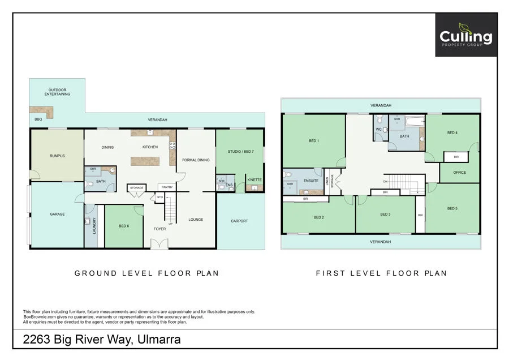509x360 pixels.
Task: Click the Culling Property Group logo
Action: (466, 35)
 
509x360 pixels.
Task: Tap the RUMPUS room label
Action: (57, 156)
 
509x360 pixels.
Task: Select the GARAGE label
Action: (57, 214)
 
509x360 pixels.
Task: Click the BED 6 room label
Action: (124, 226)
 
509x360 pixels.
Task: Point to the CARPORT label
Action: (239, 221)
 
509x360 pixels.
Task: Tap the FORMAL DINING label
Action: (196, 160)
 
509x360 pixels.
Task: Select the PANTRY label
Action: (166, 187)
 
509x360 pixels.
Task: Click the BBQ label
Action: (38, 119)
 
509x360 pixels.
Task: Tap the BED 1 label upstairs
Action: (313, 140)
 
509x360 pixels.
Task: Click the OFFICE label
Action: (459, 172)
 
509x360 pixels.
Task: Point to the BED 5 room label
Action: (452, 208)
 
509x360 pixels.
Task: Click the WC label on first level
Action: (378, 128)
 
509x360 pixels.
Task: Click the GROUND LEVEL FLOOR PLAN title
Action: (146, 273)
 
